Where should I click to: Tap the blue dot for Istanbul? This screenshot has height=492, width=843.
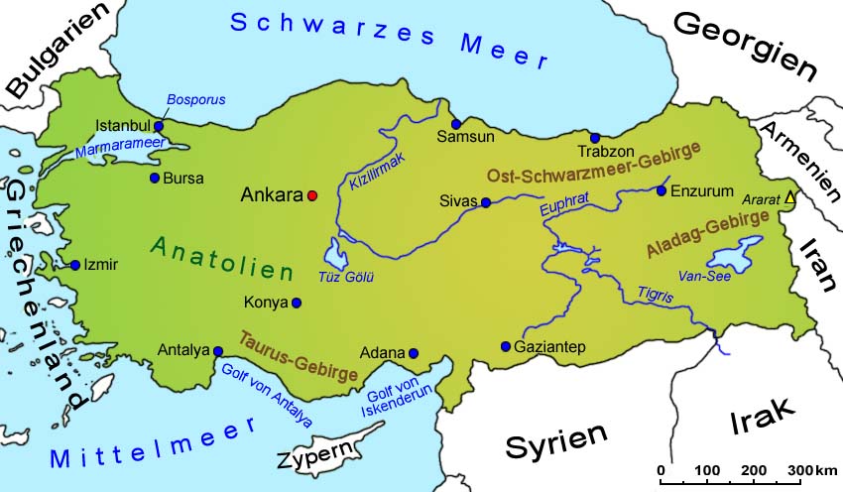pyautogui.click(x=159, y=126)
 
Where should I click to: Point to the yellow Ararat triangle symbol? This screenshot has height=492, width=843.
pyautogui.click(x=789, y=197)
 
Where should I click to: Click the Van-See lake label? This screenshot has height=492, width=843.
pyautogui.click(x=703, y=275)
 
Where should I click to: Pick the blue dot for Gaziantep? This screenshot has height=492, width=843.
pyautogui.click(x=506, y=346)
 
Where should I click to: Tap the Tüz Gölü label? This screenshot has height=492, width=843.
pyautogui.click(x=345, y=277)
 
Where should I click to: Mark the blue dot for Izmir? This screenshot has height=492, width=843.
pyautogui.click(x=75, y=265)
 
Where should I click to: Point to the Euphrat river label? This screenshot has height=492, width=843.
pyautogui.click(x=565, y=209)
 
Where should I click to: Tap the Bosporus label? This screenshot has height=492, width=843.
pyautogui.click(x=196, y=100)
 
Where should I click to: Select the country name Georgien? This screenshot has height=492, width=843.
pyautogui.click(x=746, y=47)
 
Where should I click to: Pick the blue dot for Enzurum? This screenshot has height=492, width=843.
pyautogui.click(x=662, y=190)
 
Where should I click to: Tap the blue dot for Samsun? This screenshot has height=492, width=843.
pyautogui.click(x=456, y=124)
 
